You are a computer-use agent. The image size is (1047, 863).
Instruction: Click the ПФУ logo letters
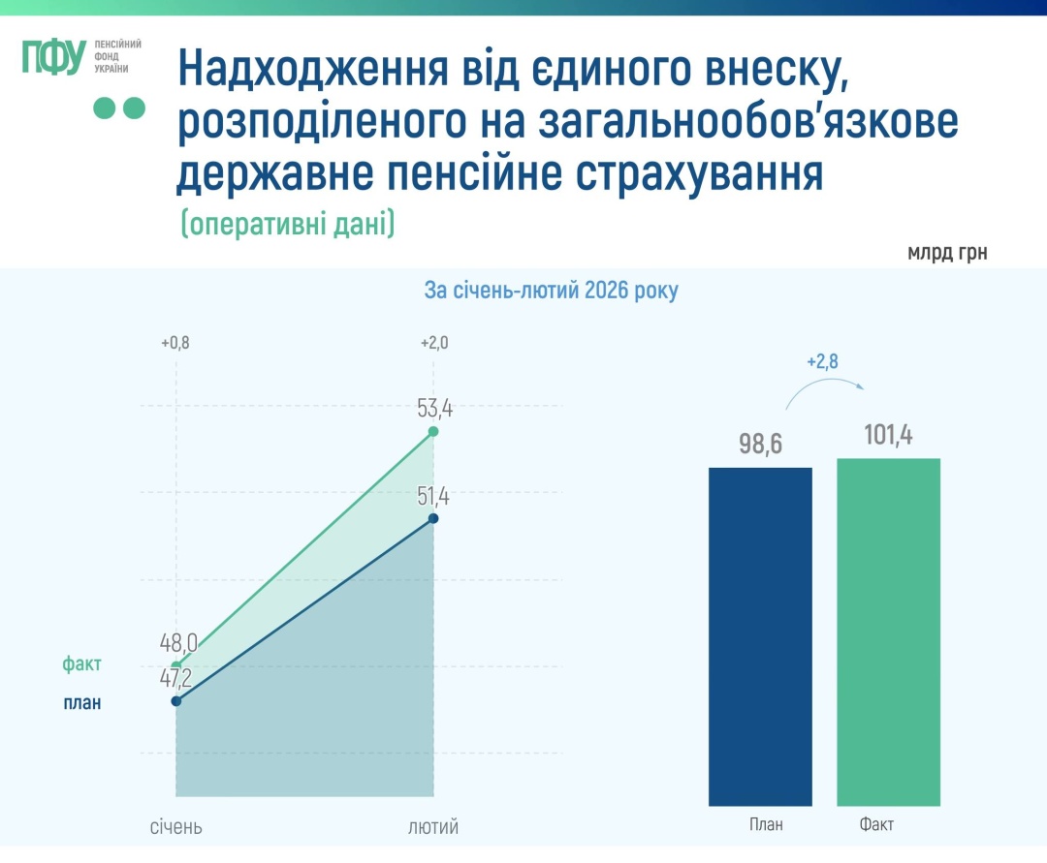pos(54,58)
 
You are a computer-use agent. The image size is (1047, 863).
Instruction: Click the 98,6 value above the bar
pos(760,445)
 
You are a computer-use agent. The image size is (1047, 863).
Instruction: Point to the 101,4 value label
pos(889,436)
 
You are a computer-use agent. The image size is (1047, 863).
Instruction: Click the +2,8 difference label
pos(822,362)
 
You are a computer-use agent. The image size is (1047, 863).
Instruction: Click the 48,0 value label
pos(179,642)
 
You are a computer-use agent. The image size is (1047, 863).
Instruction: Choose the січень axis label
pos(175,827)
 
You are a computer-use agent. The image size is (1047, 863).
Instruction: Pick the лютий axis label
pos(433,827)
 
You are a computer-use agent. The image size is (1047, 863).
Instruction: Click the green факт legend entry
pos(81,664)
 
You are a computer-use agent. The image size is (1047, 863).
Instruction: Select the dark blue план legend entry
pos(81,703)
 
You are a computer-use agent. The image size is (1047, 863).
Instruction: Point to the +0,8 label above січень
pos(175,343)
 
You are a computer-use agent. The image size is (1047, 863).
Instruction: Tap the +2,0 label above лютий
pos(433,343)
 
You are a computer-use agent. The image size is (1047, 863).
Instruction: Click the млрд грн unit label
pos(947,254)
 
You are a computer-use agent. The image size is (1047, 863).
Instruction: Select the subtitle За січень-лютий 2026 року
pos(552,291)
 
